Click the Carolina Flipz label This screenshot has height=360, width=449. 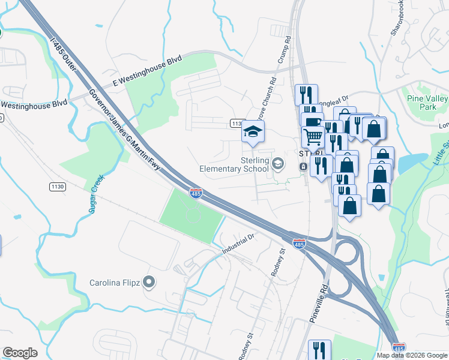115,283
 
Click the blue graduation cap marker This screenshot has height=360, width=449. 253,131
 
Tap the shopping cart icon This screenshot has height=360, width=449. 313,137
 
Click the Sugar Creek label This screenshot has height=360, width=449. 95,190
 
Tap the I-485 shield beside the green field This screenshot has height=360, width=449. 196,193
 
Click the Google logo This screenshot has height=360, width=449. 20,353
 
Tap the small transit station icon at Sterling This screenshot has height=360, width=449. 304,166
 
